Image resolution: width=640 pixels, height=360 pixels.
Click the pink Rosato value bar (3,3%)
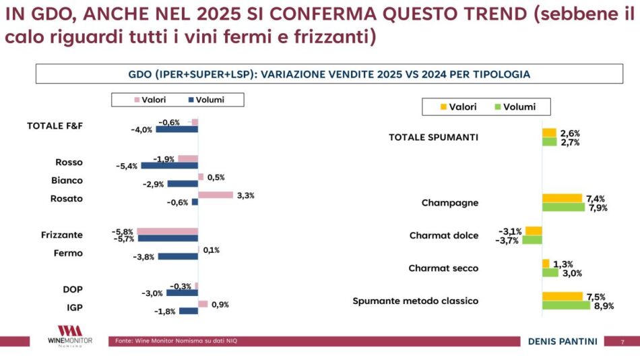tap(216, 195)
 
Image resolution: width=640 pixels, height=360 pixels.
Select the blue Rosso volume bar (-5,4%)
tap(169, 165)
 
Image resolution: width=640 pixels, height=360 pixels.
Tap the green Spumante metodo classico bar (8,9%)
tap(566, 305)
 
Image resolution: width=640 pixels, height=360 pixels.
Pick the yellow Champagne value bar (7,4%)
tap(562, 198)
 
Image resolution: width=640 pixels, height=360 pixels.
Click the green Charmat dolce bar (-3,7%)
tap(532, 240)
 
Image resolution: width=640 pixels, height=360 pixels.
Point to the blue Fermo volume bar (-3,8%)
tap(178, 257)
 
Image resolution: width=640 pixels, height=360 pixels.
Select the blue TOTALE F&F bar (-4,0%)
tap(177, 129)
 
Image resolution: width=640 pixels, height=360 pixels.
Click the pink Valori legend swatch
tap(137, 100)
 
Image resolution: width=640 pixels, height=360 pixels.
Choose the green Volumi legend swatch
tap(499, 107)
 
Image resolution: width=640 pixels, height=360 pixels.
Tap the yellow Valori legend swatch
tap(443, 107)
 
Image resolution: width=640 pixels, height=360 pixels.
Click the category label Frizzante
tap(62, 235)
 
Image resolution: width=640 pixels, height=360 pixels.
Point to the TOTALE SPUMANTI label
tap(433, 138)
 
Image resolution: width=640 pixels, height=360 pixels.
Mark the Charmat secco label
tap(443, 268)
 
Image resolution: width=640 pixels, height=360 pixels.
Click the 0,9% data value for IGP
tap(220, 305)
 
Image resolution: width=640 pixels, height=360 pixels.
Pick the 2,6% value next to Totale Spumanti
tap(570, 133)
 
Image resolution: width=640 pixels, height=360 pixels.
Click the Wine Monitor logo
tap(70, 335)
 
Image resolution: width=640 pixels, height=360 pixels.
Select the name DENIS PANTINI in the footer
tap(563, 342)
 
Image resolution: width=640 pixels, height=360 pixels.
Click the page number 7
tap(622, 342)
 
